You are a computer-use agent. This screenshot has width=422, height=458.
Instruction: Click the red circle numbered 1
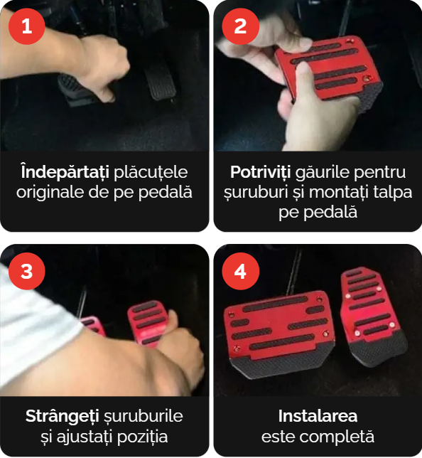[26, 26]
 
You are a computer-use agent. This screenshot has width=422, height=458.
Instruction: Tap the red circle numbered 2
[240, 26]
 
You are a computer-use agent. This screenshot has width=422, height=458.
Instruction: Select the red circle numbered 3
[26, 271]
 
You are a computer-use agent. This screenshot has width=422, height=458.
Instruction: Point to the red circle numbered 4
[240, 271]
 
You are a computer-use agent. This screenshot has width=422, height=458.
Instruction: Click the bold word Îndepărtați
[65, 172]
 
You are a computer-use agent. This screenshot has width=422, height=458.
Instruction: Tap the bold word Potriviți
[260, 172]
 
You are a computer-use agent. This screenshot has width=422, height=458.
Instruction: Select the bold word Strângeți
[62, 416]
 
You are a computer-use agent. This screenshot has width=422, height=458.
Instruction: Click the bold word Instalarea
[318, 416]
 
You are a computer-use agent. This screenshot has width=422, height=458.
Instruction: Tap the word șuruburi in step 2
[256, 193]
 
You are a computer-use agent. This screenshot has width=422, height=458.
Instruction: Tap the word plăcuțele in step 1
[151, 172]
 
